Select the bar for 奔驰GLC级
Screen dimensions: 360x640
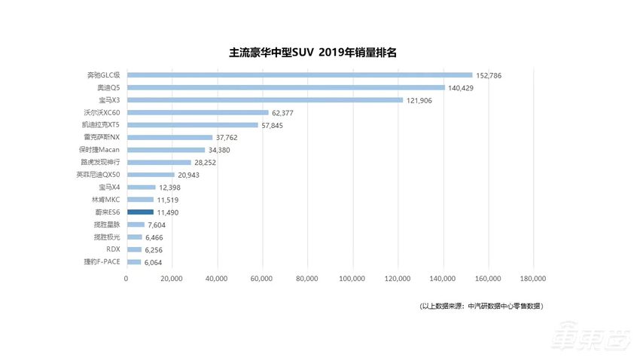tap(299, 75)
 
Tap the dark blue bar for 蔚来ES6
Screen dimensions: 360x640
tap(139, 212)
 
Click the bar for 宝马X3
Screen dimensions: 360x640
tap(264, 100)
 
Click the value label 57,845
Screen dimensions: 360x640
tap(276, 126)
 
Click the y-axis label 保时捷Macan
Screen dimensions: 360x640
tap(99, 150)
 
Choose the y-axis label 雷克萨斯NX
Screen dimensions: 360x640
tap(102, 137)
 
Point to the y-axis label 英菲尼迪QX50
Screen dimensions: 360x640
tap(98, 175)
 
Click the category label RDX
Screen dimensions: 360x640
tap(113, 249)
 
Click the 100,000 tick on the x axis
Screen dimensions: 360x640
tap(352, 279)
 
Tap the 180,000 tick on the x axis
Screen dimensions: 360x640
tap(533, 279)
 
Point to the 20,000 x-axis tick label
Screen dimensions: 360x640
tap(172, 279)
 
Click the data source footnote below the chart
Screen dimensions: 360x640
tap(481, 306)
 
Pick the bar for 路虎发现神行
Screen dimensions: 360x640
tap(159, 162)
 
